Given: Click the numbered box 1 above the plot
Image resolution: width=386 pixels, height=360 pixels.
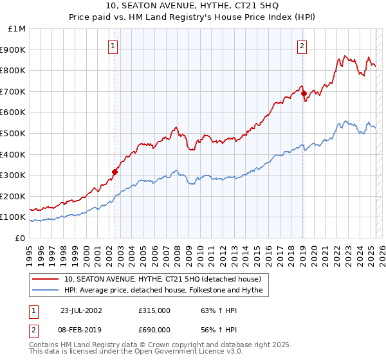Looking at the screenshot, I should [113, 46].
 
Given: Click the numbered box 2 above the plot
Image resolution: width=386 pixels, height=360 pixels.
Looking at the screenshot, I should [302, 46].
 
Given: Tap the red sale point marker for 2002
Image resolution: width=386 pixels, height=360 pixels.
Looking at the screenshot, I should [115, 172].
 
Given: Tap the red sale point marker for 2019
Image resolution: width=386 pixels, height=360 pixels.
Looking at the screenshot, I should [304, 93].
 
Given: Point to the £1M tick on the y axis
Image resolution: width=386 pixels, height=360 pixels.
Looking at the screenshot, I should [17, 29].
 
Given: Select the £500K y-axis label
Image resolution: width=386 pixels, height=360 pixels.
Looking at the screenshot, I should [13, 133].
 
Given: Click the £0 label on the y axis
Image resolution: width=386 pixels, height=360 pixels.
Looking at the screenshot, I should [20, 238].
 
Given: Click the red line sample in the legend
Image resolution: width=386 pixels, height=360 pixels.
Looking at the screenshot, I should [45, 279].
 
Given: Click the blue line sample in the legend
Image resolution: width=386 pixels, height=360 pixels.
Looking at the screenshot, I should [45, 291].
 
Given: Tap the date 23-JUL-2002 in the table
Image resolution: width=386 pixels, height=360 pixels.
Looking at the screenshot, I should [81, 310].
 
